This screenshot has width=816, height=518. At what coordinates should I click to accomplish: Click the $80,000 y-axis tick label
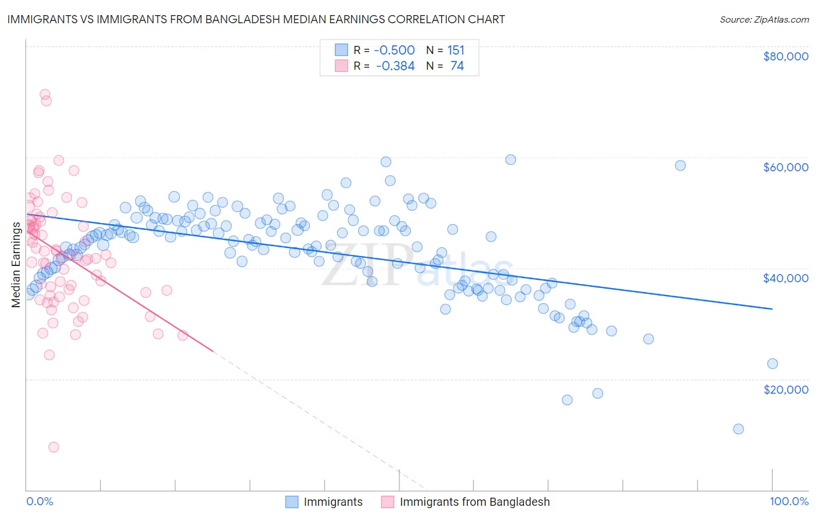[x=785, y=56]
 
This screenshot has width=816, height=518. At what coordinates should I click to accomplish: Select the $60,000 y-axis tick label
[x=785, y=167]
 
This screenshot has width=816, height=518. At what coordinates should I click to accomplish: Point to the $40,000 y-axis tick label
[x=785, y=278]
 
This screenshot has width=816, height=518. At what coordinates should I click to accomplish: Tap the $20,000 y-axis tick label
[x=785, y=389]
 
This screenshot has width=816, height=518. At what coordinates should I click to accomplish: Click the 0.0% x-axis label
[x=39, y=501]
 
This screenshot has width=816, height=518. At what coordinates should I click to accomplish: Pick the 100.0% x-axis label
[x=789, y=501]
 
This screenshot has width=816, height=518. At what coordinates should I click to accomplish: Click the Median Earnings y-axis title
[x=16, y=264]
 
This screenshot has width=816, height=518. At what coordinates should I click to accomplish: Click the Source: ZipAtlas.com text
[x=764, y=19]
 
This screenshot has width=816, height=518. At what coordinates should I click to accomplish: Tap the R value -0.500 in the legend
[x=394, y=50]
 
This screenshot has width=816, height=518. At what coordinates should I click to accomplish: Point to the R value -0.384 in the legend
[x=395, y=66]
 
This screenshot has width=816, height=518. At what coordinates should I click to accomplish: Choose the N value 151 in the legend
[x=456, y=50]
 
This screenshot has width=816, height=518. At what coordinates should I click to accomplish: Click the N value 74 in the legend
[x=457, y=66]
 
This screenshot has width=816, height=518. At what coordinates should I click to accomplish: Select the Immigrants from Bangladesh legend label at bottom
[x=474, y=502]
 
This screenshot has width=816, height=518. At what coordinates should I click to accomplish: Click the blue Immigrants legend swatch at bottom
[x=291, y=502]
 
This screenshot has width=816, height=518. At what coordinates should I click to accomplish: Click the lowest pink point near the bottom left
[x=53, y=447]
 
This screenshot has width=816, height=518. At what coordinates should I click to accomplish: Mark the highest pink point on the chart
[x=45, y=94]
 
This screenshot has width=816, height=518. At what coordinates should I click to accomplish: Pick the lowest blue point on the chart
[x=738, y=429]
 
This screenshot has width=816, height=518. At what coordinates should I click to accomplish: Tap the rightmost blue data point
[x=772, y=364]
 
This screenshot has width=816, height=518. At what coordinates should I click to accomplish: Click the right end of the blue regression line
[x=772, y=309]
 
